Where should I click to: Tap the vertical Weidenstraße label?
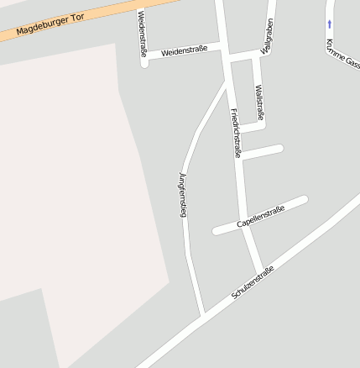pyautogui.click(x=142, y=34)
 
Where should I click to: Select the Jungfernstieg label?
pyautogui.click(x=182, y=194)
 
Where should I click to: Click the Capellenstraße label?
pyautogui.click(x=260, y=216)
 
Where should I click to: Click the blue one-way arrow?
pyautogui.click(x=330, y=24)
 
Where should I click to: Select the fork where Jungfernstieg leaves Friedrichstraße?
pyautogui.click(x=227, y=84)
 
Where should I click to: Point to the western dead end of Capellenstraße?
pyautogui.click(x=217, y=230)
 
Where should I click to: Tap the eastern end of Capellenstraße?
pyautogui.click(x=304, y=200)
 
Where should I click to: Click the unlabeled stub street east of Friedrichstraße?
pyautogui.click(x=262, y=152)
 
